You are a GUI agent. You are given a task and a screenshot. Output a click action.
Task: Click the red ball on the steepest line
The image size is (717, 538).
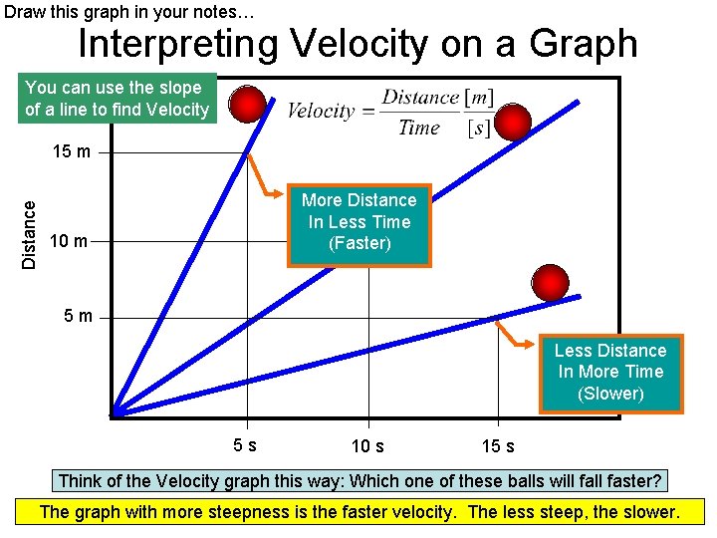tap(247, 103)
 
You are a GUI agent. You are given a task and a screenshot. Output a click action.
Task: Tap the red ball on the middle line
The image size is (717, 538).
tap(513, 122)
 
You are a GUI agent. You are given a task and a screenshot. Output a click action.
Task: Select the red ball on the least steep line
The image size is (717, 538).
tap(550, 282)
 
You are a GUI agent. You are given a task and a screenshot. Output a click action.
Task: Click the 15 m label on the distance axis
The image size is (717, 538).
tap(72, 153)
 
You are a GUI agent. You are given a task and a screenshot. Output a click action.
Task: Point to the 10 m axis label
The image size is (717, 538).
tap(68, 241)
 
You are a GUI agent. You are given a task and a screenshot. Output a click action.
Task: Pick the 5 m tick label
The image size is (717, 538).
tap(77, 317)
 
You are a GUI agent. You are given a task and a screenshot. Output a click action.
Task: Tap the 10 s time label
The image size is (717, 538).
tap(367, 446)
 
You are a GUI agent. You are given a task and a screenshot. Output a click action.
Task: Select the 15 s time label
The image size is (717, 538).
tap(498, 446)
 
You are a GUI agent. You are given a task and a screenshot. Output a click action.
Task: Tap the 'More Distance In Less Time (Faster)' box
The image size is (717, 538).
tap(359, 223)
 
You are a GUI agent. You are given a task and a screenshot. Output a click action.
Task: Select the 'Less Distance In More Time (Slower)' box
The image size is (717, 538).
tap(610, 372)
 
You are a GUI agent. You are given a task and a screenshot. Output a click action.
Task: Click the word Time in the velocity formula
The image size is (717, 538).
tap(419, 128)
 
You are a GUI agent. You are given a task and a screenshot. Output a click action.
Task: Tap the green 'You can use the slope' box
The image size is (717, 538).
tap(117, 99)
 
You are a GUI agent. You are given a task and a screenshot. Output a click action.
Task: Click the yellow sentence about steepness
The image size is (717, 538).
tap(358, 513)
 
